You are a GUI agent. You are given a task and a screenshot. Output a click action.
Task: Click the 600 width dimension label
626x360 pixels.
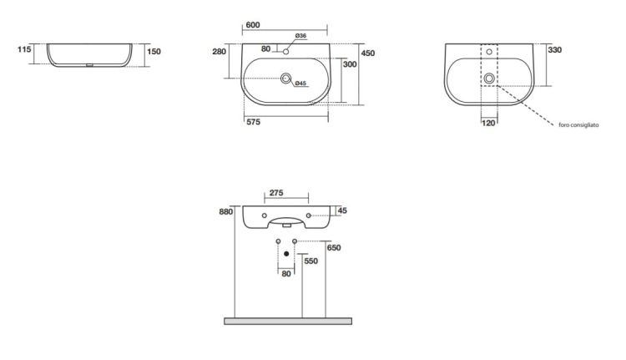(x=253, y=25)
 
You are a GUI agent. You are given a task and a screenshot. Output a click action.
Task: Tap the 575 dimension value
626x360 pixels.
(x=253, y=122)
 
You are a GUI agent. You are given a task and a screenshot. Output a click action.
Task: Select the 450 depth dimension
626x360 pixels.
(x=368, y=53)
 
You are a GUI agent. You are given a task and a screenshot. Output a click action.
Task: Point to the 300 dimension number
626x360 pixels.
(x=350, y=64)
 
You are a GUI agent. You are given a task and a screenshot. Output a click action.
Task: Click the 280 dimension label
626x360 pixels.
(x=219, y=52)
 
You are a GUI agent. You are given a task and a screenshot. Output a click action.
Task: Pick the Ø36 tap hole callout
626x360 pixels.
(x=300, y=36)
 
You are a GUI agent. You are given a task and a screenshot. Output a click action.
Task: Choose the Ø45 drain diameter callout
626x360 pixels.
(x=300, y=84)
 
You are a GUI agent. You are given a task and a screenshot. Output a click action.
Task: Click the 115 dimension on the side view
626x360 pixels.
(x=24, y=49)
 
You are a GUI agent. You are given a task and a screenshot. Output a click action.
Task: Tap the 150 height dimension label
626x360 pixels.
(x=154, y=52)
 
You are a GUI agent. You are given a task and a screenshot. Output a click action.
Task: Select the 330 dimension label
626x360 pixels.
(x=554, y=50)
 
